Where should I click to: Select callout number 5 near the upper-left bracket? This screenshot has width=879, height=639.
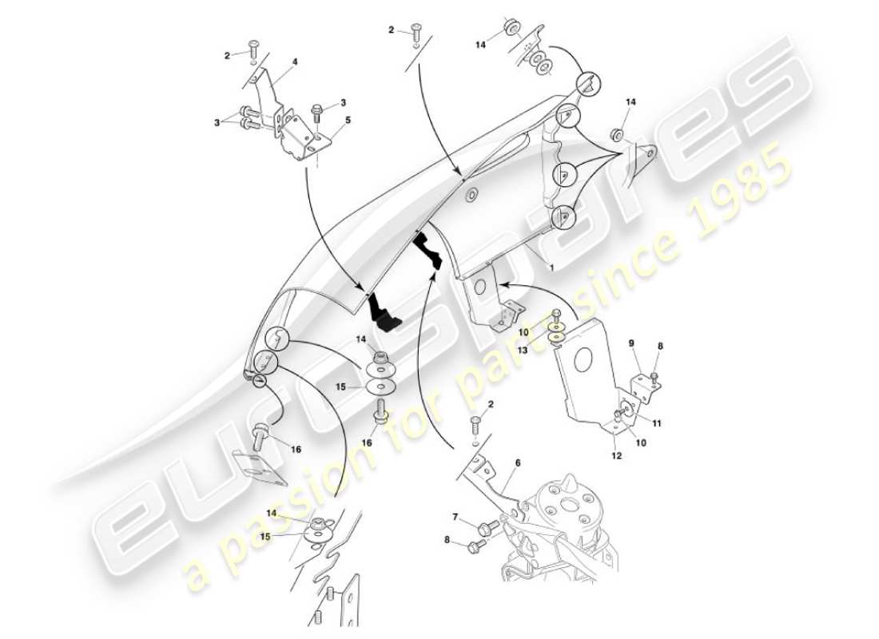tap(347, 122)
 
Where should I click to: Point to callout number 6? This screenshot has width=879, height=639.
tap(517, 462)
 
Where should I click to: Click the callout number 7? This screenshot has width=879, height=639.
tap(455, 518)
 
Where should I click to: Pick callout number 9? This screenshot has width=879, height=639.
tap(630, 344)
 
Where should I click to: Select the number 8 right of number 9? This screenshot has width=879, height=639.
tap(660, 345)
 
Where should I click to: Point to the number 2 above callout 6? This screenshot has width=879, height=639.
tap(491, 405)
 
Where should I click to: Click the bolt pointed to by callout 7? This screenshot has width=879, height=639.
tap(486, 527)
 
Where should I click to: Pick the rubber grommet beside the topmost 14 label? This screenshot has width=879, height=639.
tap(509, 31)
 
